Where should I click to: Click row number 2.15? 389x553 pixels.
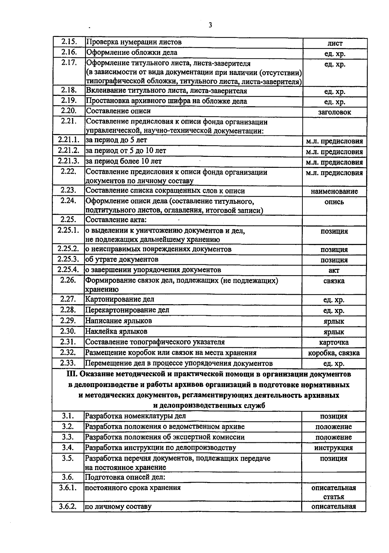[x=69, y=42]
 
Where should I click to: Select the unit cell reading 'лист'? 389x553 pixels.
[x=335, y=43]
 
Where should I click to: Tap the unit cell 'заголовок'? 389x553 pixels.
[x=335, y=112]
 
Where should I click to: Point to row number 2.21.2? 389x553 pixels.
[x=68, y=151]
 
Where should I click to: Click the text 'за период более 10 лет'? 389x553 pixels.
[x=124, y=161]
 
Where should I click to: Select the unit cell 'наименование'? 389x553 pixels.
[x=334, y=191]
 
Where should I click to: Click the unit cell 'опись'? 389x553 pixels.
[x=334, y=202]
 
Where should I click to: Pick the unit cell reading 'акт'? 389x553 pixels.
[x=334, y=271]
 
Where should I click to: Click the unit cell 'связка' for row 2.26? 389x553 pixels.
[x=334, y=281]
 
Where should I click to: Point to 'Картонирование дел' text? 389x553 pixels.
[x=120, y=299]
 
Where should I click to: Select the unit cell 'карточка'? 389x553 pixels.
[x=334, y=342]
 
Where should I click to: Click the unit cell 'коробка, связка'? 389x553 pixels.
[x=334, y=353]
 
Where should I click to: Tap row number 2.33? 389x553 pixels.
[x=68, y=363]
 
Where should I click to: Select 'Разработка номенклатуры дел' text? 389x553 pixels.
[x=136, y=416]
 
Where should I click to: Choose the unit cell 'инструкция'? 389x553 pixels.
[x=334, y=448]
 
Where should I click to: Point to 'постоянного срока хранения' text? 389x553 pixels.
[x=133, y=488]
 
